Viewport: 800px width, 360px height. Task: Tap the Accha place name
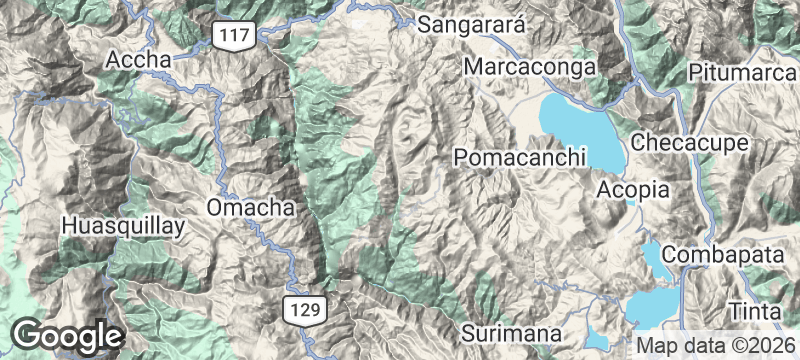139,60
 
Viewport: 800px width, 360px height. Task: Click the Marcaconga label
530,67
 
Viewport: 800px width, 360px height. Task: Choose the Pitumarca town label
743,73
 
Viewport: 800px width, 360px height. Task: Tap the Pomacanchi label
518,158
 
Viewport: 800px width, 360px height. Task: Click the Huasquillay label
123,226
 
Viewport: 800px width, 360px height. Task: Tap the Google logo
68,335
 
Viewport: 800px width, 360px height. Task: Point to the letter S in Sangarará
425,25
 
